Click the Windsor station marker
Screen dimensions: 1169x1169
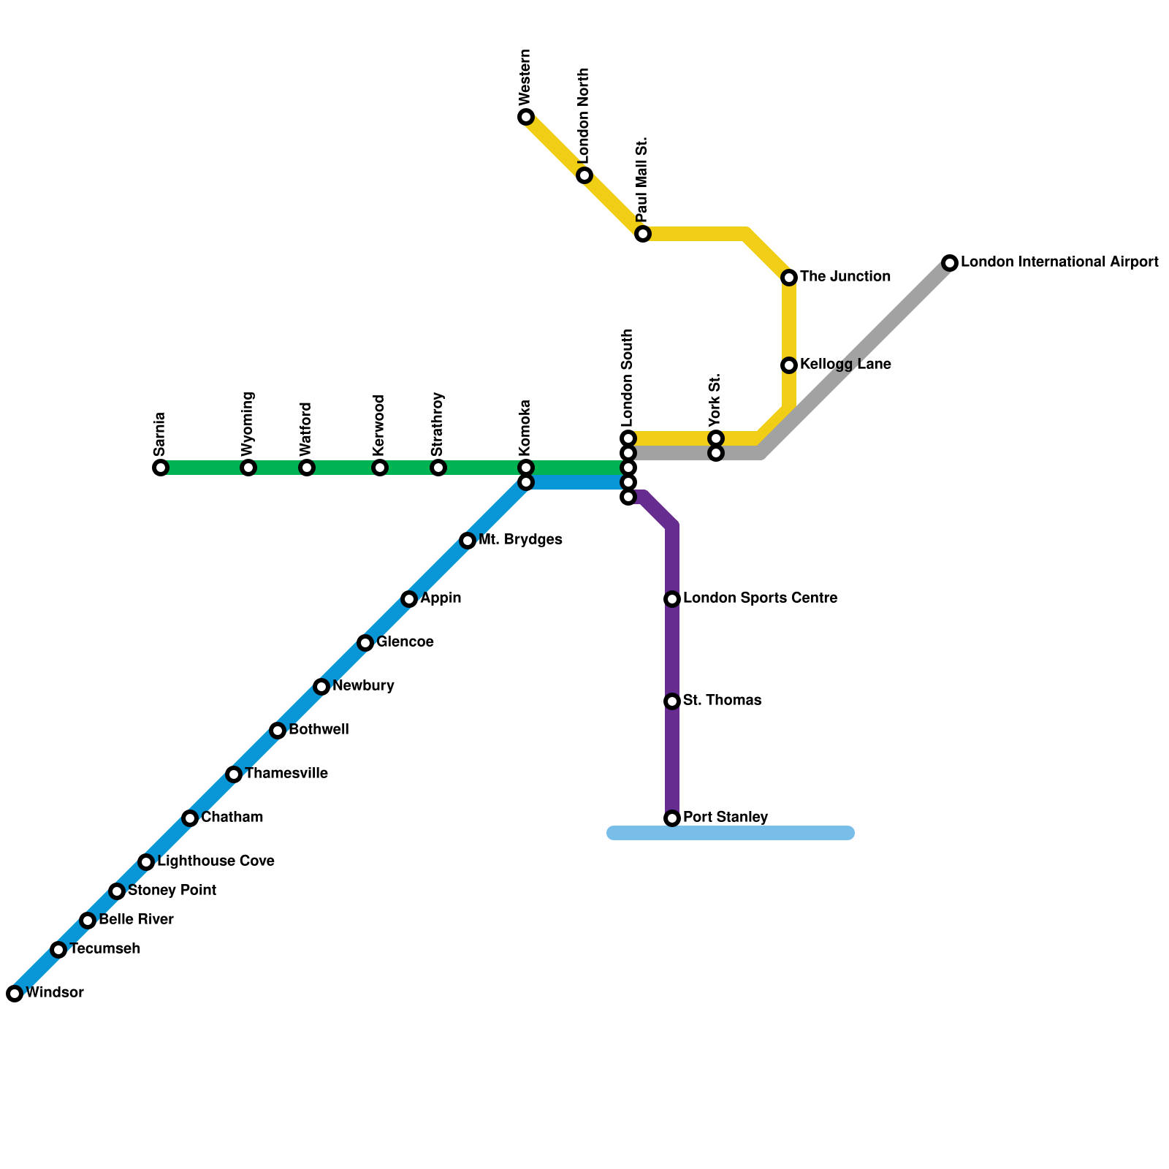tap(15, 994)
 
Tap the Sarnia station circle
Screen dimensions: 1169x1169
tap(161, 468)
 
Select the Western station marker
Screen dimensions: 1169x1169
tap(526, 117)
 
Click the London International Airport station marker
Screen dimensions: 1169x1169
tap(950, 263)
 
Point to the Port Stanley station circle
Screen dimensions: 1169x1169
tap(672, 818)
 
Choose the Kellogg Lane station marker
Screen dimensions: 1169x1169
tap(789, 365)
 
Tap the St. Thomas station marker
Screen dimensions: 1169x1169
tap(672, 701)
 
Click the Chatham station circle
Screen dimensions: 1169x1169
tap(190, 818)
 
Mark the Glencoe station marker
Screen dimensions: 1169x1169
tap(365, 643)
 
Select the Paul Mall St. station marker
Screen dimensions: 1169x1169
tap(643, 234)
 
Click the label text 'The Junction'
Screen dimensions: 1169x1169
tap(845, 277)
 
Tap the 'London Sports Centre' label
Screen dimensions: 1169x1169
tap(760, 598)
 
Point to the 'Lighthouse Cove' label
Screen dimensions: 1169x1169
tap(216, 861)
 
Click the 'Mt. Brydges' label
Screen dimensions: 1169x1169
tap(520, 540)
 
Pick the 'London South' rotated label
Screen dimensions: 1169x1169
tap(628, 378)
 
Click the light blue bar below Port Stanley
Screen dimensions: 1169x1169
tap(731, 834)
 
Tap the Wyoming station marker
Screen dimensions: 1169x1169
tap(248, 468)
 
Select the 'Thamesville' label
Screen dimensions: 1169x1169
tap(286, 774)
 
